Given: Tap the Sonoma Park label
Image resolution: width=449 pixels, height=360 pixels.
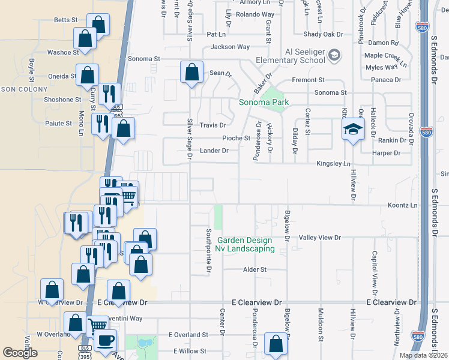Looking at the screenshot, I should [264, 102].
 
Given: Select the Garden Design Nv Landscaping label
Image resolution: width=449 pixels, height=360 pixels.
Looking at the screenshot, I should [246, 244].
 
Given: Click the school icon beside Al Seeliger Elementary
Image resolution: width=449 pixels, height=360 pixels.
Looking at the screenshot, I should [334, 56].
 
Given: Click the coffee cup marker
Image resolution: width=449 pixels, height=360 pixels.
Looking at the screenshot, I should [106, 340].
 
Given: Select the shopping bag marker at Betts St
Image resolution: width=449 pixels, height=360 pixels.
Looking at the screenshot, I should [98, 25].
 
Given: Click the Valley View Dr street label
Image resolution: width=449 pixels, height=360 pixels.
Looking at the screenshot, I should [320, 238].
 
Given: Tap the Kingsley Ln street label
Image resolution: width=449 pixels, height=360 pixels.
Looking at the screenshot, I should [333, 163].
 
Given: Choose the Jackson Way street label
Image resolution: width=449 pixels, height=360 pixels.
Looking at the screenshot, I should [230, 47].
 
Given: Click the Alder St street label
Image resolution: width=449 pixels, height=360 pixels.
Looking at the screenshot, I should [255, 270].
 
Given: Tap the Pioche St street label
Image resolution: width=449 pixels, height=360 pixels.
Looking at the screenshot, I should [236, 138].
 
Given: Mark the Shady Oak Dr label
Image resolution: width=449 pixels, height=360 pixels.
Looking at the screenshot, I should [323, 34].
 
